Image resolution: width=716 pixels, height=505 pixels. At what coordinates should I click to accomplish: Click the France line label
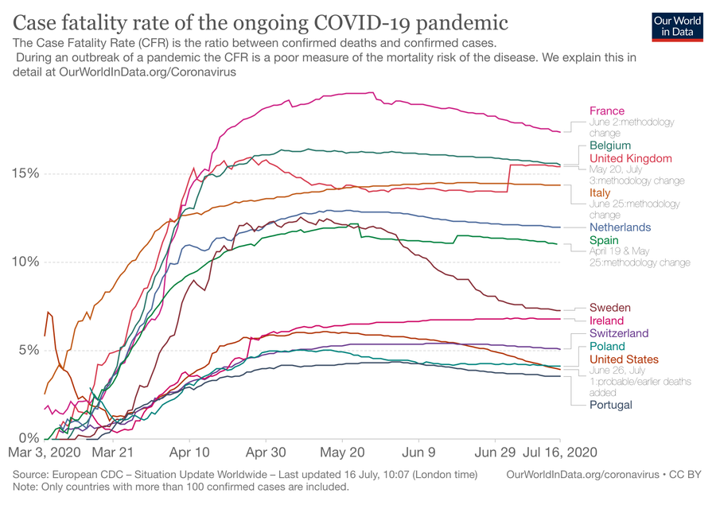607,111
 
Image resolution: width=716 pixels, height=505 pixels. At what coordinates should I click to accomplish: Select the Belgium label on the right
610,146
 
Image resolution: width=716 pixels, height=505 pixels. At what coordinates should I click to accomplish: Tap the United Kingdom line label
631,158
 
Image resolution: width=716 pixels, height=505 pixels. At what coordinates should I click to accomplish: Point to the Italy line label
600,192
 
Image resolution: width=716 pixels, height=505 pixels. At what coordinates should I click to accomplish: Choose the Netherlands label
620,227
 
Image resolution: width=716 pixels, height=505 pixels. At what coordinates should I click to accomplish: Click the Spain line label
604,240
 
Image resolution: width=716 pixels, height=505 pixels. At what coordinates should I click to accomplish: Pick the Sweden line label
610,308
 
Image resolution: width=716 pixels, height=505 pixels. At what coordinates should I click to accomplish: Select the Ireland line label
607,320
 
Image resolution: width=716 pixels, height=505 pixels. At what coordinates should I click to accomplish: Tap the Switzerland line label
619,333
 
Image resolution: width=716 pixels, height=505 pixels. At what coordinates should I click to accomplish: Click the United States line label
624,359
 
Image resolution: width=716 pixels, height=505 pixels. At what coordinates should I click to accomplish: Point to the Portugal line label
611,405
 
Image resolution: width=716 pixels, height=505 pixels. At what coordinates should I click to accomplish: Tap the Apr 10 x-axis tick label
190,451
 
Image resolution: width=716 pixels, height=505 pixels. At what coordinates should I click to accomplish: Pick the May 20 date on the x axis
342,451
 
